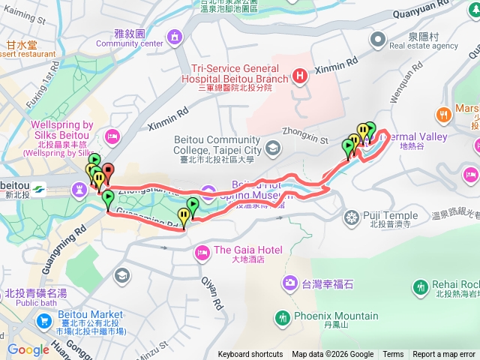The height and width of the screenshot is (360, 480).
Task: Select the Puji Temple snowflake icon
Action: pyautogui.click(x=351, y=218)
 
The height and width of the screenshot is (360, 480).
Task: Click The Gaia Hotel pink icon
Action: pyautogui.click(x=202, y=254)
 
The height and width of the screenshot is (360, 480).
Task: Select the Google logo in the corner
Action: pyautogui.click(x=28, y=349)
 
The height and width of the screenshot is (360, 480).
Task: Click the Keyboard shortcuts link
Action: pyautogui.click(x=250, y=355)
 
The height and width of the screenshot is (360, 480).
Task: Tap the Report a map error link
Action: pyautogui.click(x=444, y=355)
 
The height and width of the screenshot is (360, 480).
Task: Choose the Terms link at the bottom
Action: pyautogui.click(x=393, y=355)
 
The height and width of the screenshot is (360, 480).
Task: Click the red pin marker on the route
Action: pyautogui.click(x=107, y=172)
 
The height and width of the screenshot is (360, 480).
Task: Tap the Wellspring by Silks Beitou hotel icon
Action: pyautogui.click(x=112, y=136)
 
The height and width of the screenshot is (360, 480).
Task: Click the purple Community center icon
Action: pyautogui.click(x=175, y=36)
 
